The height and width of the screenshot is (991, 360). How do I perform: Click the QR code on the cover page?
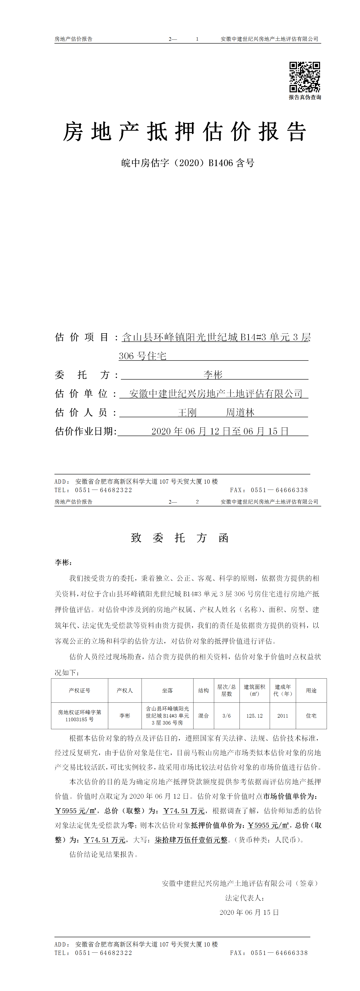tap(305, 77)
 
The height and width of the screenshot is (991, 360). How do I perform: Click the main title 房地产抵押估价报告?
tap(185, 132)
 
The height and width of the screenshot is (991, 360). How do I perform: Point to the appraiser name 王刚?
tap(187, 412)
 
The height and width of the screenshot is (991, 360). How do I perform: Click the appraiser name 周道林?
tap(240, 412)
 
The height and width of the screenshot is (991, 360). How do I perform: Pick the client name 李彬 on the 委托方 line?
tap(213, 375)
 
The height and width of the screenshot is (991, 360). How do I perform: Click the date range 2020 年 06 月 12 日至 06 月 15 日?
tap(220, 431)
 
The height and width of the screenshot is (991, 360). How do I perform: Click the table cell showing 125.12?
tap(254, 716)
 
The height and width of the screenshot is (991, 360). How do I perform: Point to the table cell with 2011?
tap(283, 716)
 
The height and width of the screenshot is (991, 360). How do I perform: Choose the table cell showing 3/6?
tap(227, 716)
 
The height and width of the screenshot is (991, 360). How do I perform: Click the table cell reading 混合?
tap(203, 716)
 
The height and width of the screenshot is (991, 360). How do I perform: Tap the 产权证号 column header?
tap(80, 691)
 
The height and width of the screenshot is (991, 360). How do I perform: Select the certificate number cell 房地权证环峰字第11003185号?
tap(80, 716)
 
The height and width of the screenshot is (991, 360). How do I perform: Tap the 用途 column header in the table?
tap(311, 691)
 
